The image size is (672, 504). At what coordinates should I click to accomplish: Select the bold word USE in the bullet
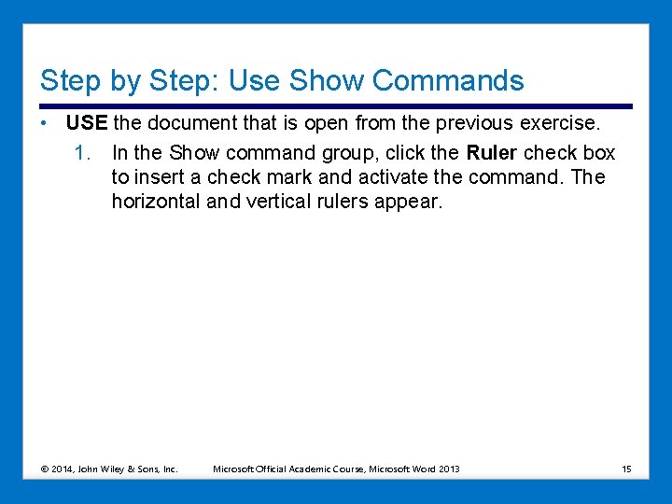(87, 124)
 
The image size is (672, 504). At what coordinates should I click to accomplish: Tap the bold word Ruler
(491, 153)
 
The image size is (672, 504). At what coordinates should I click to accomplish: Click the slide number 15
(626, 469)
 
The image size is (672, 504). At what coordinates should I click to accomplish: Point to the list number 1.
(82, 153)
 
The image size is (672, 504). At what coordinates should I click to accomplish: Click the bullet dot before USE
(45, 124)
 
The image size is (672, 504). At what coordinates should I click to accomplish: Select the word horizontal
(155, 202)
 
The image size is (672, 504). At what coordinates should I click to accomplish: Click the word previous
(474, 124)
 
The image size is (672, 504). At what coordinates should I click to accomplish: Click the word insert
(160, 177)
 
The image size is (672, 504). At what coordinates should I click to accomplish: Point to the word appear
(407, 202)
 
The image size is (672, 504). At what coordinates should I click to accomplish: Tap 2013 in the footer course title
(448, 469)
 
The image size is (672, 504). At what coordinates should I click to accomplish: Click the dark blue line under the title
(336, 106)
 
